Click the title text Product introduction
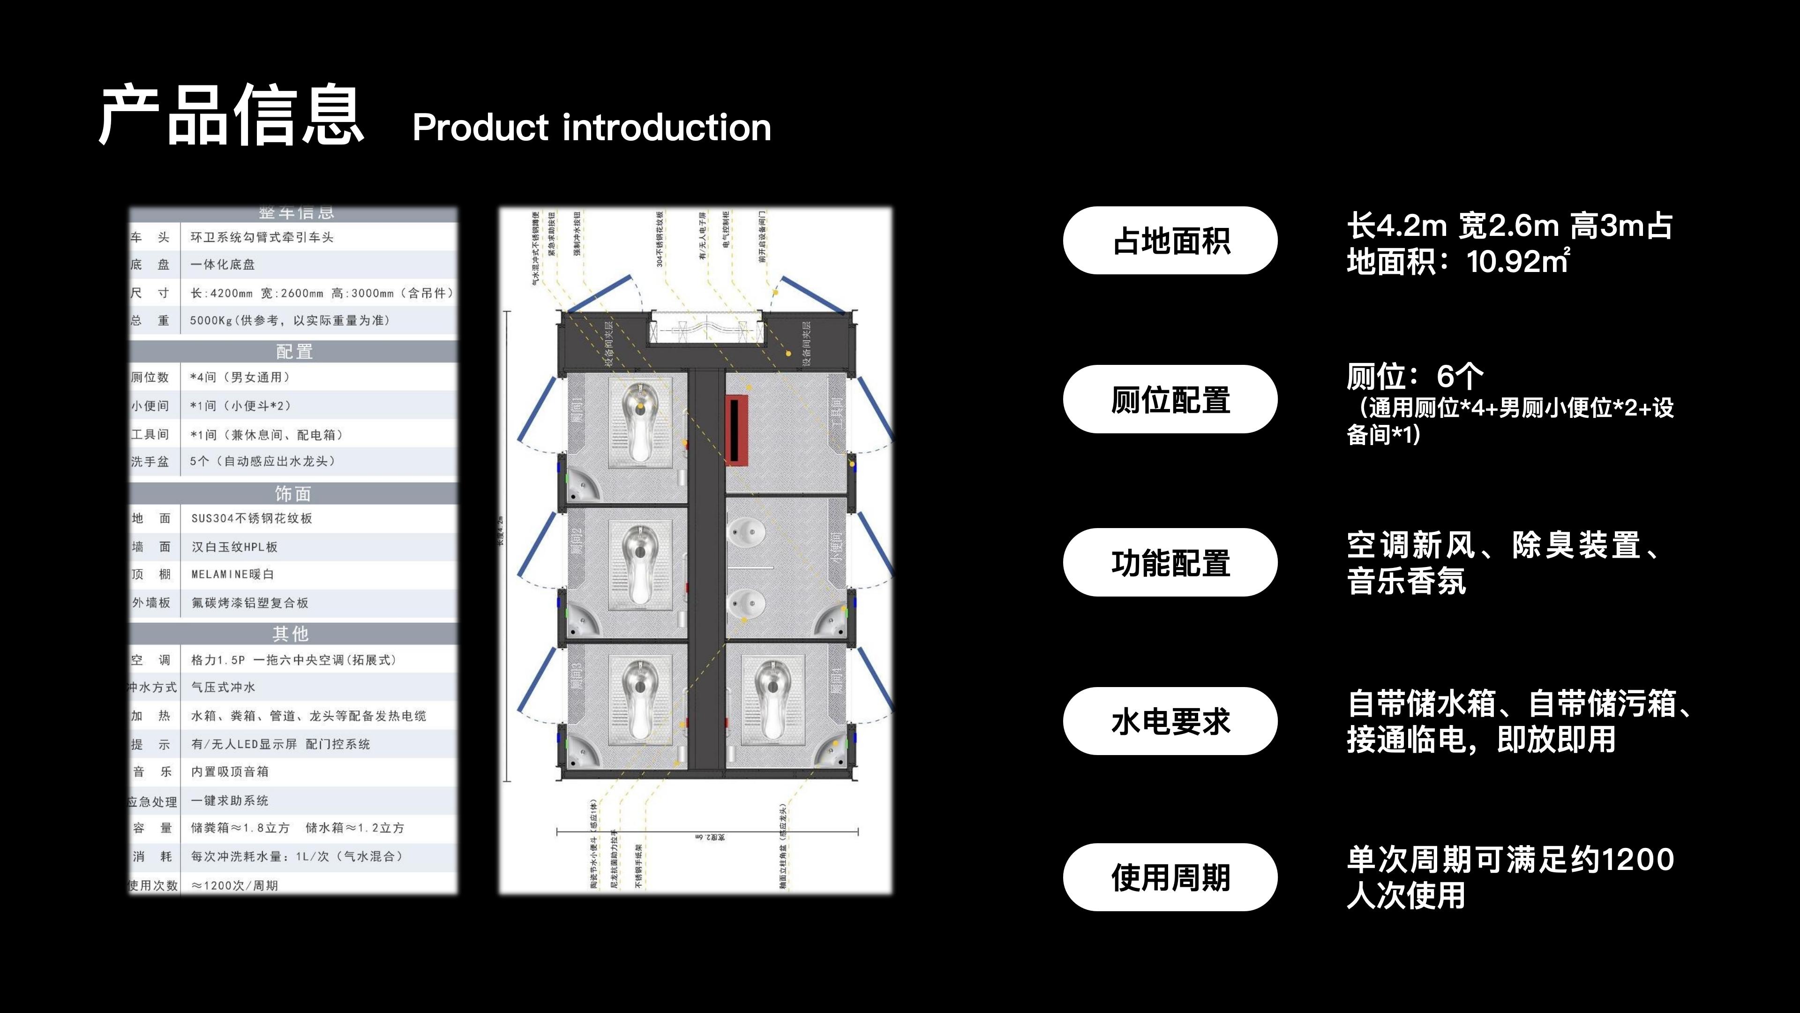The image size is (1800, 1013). (x=591, y=128)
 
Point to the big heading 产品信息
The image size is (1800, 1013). (x=231, y=115)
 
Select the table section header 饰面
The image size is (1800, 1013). (x=293, y=493)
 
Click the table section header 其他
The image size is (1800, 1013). (x=291, y=634)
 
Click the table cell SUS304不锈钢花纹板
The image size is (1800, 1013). (x=252, y=518)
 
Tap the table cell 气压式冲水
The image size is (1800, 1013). (x=223, y=687)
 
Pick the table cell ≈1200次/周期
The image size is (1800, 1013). (x=235, y=885)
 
